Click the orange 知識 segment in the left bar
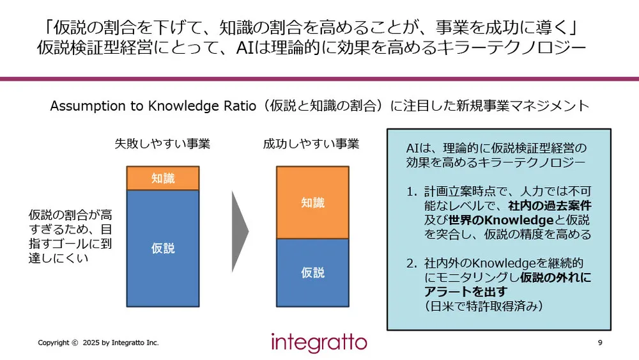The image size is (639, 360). pos(163,178)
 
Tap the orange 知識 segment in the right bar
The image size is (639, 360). pos(312,203)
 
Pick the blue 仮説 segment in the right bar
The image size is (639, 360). pos(312,272)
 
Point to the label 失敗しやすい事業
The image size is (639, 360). pos(162,144)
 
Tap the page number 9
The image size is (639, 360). pos(599,343)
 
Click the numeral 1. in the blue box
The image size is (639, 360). pos(412,191)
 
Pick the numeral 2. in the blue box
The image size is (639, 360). pos(412,263)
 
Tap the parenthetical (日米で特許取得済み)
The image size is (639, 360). pos(483,307)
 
